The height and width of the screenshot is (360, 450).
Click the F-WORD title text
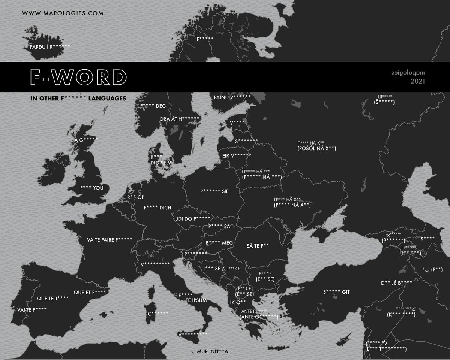78,77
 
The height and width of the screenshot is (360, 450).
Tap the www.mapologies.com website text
62,13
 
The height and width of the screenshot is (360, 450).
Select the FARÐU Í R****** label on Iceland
50,47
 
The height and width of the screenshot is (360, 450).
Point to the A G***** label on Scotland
86,140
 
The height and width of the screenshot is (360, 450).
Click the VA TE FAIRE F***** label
109,239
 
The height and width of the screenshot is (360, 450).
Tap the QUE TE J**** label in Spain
52,299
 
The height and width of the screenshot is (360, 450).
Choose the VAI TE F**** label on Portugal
32,309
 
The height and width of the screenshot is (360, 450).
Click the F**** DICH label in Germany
157,207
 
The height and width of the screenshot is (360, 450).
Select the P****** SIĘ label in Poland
214,191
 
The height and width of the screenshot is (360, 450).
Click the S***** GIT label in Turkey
339,291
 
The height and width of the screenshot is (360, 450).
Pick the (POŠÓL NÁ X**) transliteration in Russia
316,149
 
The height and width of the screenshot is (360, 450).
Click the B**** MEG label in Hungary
219,243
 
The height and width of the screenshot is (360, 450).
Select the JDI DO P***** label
192,218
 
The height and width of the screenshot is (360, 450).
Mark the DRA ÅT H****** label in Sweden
180,119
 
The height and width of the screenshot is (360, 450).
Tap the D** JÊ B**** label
396,283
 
